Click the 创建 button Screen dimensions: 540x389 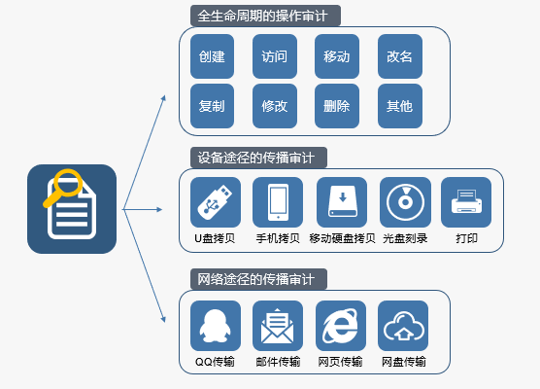click(x=212, y=56)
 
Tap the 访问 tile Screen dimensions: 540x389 click(x=275, y=56)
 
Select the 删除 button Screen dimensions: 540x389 click(x=337, y=106)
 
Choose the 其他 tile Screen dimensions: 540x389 click(x=400, y=106)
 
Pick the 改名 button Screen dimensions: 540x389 click(x=400, y=56)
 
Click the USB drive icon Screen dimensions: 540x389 click(x=216, y=202)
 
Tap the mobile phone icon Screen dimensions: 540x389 click(x=278, y=202)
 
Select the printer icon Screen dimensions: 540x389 click(x=466, y=202)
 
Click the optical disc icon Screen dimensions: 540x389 click(x=405, y=202)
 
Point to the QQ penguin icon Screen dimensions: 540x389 click(x=216, y=326)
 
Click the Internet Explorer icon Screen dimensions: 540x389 click(x=341, y=326)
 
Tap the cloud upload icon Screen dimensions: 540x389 click(x=403, y=326)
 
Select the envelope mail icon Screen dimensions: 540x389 click(x=278, y=326)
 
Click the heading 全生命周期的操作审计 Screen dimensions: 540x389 click(x=262, y=16)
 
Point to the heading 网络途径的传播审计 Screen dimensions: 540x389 click(x=255, y=279)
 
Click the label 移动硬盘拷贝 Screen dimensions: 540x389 click(x=342, y=238)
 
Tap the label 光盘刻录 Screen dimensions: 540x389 click(x=405, y=238)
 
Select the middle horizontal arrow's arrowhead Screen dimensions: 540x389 click(x=159, y=209)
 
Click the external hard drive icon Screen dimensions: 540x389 click(x=342, y=202)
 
